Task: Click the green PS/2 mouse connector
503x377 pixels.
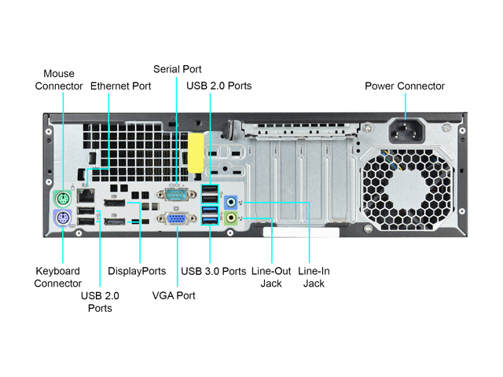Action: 63,196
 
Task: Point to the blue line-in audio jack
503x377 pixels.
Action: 230,202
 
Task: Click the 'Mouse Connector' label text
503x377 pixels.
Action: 59,80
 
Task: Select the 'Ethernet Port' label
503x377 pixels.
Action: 120,86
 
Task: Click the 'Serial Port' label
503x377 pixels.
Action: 177,69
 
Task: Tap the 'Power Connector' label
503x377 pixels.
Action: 405,86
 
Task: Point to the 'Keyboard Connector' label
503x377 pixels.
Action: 57,277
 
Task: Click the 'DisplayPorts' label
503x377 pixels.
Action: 137,271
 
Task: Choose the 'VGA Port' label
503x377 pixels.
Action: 174,295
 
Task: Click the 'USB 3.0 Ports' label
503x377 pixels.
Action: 214,271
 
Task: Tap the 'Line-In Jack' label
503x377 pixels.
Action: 314,277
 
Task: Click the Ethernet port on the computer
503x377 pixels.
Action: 87,196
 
